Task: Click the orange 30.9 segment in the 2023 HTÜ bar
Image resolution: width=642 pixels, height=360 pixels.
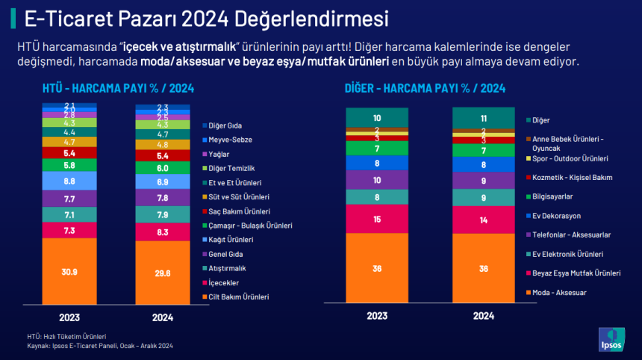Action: [69, 270]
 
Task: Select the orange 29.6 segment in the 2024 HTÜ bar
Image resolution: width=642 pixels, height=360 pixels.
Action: [163, 273]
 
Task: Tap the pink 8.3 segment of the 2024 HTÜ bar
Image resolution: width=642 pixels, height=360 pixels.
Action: [163, 232]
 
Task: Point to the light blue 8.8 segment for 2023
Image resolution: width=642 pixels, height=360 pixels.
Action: [69, 180]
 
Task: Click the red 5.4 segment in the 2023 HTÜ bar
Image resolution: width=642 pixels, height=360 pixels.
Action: [69, 152]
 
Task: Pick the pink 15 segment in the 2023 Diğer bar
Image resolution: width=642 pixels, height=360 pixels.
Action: [377, 219]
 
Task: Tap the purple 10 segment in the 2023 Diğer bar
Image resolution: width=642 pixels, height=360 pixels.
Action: [377, 180]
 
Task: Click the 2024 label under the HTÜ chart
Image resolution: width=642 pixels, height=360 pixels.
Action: [163, 317]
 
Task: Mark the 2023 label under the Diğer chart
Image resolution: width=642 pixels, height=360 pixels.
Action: [377, 316]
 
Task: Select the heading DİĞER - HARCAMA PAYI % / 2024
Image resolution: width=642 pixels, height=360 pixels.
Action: [425, 88]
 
